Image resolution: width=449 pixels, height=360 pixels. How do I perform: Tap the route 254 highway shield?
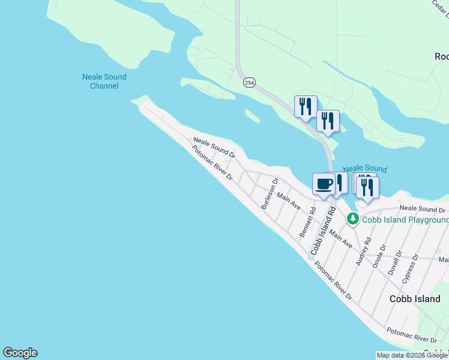pos(248,82)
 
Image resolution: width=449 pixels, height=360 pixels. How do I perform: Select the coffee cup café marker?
pos(324,184)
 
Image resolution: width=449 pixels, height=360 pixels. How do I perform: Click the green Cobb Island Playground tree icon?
pos(354,218)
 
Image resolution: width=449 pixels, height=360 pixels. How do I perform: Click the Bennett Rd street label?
pos(309,221)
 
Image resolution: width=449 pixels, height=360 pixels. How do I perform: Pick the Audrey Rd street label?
pos(363,252)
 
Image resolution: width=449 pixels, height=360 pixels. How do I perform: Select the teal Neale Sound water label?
pos(365,170)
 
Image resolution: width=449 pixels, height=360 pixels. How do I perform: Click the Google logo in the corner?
pos(20,353)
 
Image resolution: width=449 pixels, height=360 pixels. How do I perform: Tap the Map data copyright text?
pos(412,355)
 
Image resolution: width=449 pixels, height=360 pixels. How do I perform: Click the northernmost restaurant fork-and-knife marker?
pos(305,106)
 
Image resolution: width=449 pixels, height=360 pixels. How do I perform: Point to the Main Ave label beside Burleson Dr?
pos(288,200)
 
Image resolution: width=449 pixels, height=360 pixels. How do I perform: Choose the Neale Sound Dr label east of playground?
pos(423,209)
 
